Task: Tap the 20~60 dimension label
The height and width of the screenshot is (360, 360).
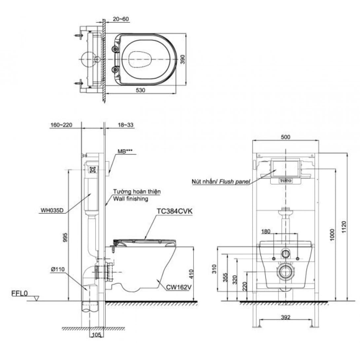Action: coord(121,19)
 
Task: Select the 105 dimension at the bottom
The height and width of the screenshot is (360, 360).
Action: coord(95,335)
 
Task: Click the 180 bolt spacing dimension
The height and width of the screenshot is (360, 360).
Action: coord(266,231)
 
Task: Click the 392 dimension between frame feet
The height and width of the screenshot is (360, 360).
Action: coord(286,318)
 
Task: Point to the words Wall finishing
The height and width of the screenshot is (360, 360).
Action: coord(130,199)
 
